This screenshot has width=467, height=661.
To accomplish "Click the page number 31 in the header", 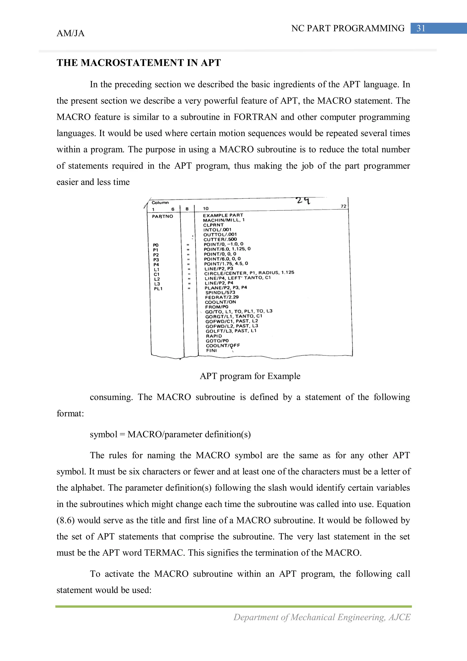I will click(421, 28).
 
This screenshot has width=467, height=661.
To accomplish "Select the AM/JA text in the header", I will click(70, 33).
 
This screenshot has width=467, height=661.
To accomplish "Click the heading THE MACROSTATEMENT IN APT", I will click(138, 63).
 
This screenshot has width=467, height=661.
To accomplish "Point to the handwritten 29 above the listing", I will click(303, 200).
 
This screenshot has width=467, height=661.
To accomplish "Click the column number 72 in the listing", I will click(343, 206).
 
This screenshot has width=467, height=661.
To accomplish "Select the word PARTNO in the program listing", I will click(163, 216).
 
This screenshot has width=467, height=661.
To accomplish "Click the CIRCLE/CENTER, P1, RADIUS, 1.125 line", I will click(249, 273).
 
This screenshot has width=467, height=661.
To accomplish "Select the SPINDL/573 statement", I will click(220, 293).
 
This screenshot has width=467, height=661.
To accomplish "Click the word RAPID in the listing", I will click(214, 336).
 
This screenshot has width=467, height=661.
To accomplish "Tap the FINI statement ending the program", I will click(211, 351).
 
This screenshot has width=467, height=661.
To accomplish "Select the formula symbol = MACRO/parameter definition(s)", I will click(170, 434).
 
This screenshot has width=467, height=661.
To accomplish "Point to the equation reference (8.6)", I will click(66, 520).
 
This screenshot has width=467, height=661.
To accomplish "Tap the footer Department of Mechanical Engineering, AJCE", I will click(322, 617).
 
